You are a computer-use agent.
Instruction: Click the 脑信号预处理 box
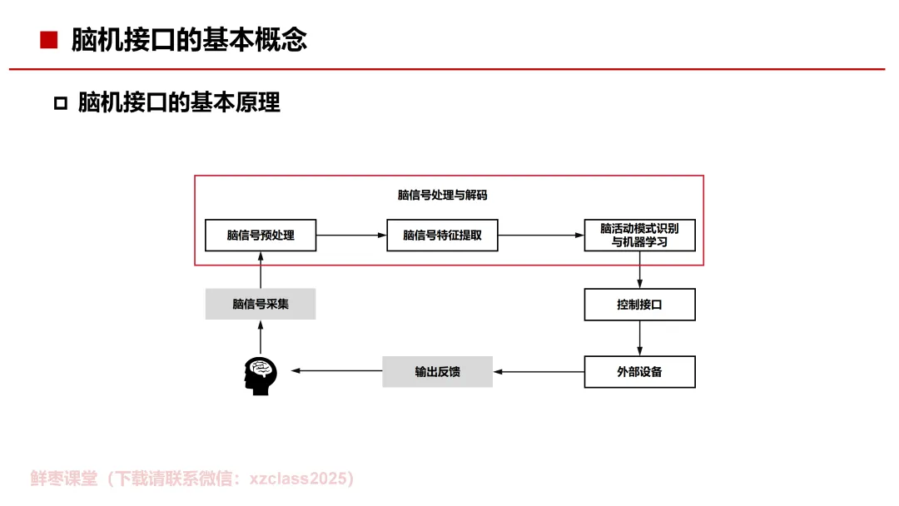261,235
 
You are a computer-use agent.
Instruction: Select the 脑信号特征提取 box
442,235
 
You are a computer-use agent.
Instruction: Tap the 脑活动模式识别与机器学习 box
639,235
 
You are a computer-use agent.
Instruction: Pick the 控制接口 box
639,305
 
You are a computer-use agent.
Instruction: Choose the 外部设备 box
639,371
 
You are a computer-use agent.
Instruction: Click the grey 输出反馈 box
437,371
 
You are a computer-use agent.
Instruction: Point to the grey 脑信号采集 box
261,304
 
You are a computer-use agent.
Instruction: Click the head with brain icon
261,375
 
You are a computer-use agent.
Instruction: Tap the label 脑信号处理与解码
442,196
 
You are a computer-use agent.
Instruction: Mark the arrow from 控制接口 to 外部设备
639,339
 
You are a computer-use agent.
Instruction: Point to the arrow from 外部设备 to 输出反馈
539,371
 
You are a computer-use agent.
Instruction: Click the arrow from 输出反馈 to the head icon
336,371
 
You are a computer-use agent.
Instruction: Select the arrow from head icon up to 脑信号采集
261,337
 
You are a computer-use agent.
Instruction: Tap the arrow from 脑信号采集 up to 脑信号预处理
261,270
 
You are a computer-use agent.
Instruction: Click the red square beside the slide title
49,40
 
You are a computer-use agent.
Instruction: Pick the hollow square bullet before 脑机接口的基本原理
60,103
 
